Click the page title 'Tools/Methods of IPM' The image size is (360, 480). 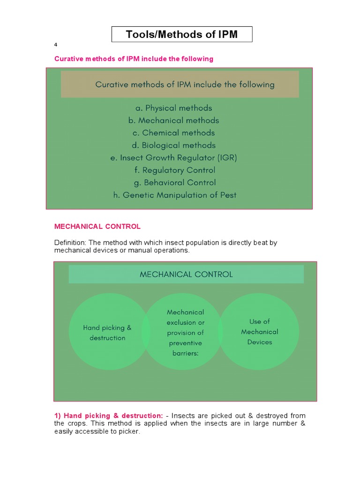click(x=182, y=34)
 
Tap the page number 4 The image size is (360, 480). click(x=56, y=45)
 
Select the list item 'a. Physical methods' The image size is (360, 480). click(x=174, y=108)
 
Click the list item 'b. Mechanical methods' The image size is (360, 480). click(x=174, y=120)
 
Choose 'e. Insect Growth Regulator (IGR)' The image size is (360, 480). click(x=174, y=158)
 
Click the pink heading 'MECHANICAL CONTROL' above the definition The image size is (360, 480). click(x=97, y=226)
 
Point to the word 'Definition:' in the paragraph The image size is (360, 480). click(x=70, y=242)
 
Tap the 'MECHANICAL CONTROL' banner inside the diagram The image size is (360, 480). click(x=186, y=274)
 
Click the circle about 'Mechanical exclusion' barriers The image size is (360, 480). click(x=185, y=332)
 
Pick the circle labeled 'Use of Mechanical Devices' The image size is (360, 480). click(x=260, y=331)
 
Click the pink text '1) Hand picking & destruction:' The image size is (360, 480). click(x=109, y=416)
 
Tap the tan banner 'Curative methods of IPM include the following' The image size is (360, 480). click(x=180, y=84)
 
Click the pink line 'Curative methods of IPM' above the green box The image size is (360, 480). click(x=134, y=59)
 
